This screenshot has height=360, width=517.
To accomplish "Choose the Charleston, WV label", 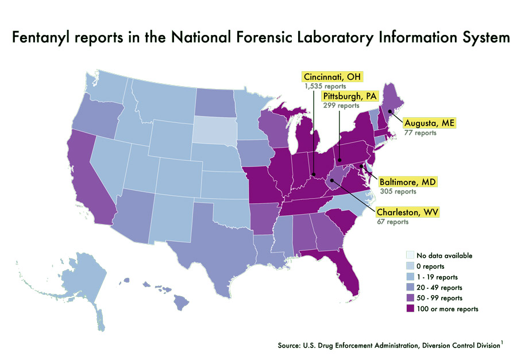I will tap(408, 212).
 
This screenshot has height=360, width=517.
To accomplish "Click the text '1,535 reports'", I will tap(325, 87).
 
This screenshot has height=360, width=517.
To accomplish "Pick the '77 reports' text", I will tap(420, 133).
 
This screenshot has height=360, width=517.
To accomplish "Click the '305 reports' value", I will tap(398, 192).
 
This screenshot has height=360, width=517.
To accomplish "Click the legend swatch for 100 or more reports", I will tap(410, 309).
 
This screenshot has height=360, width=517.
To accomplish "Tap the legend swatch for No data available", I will tap(410, 256).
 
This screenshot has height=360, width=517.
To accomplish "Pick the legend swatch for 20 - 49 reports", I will tap(410, 287).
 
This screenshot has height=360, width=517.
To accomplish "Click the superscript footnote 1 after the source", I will tap(501, 343).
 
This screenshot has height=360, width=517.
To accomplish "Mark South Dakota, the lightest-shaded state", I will tap(214, 129).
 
